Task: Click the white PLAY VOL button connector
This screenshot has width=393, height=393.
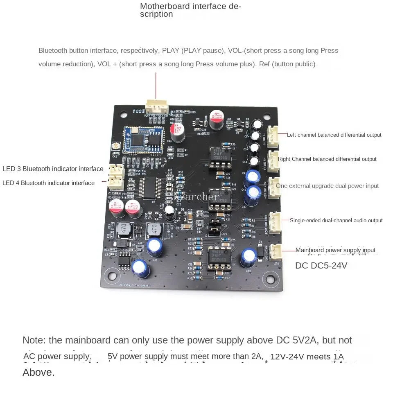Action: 156,107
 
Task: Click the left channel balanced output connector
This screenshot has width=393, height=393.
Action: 273,135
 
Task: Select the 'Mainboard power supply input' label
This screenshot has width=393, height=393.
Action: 335,250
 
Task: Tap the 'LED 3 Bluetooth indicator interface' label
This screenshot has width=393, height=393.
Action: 53,169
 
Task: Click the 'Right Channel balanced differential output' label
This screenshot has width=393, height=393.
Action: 327,159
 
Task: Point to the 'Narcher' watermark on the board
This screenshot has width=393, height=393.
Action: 196,197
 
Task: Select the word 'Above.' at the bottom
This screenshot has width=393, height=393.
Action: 38,373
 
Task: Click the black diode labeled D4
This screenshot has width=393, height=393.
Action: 260,250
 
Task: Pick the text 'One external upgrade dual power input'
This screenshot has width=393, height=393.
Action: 327,186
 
